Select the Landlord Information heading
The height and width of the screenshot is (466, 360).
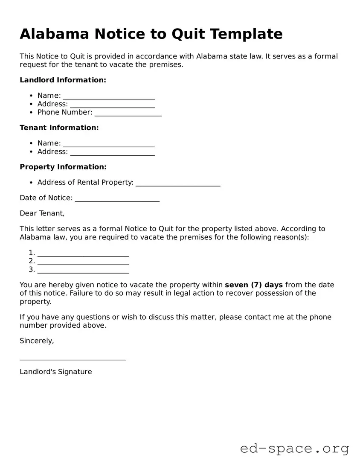[x=63, y=80]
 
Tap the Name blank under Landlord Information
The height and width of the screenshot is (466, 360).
[x=108, y=96]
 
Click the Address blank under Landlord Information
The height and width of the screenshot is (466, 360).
[x=112, y=105]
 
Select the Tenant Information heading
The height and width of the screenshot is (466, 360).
[x=59, y=128]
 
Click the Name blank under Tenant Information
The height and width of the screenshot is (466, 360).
[x=108, y=144]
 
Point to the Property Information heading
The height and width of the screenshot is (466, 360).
[x=63, y=167]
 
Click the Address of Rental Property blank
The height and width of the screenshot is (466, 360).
[x=177, y=183]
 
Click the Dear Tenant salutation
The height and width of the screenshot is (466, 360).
[x=42, y=213]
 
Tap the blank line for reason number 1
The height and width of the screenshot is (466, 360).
[x=83, y=253]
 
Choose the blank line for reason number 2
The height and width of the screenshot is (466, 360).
[x=83, y=262]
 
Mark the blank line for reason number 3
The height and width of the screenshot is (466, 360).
[x=83, y=270]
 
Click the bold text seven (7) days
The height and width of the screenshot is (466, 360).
[x=254, y=285]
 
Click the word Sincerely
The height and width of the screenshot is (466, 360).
[x=37, y=341]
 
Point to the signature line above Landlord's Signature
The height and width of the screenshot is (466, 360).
[x=73, y=359]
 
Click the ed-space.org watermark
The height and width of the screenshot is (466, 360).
[x=294, y=449]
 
